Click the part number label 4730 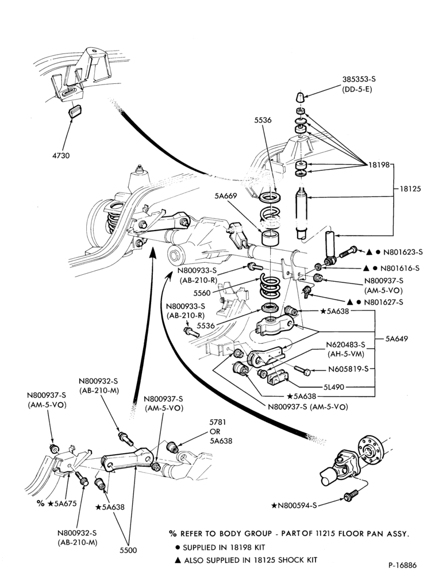pos(60,155)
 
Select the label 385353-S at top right pos(359,79)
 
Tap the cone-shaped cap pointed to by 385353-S pos(300,98)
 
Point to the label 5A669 pos(226,196)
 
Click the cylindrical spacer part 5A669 pos(271,239)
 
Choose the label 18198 pos(379,165)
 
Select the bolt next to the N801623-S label pos(348,252)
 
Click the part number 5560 pos(202,293)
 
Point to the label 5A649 pos(396,339)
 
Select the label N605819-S pos(348,369)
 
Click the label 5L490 pos(333,387)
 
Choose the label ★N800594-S pos(294,505)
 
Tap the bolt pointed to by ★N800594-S pos(349,497)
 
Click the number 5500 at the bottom pos(128,550)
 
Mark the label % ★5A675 pos(57,503)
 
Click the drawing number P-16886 pos(403,565)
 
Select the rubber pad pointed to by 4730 pos(75,111)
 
